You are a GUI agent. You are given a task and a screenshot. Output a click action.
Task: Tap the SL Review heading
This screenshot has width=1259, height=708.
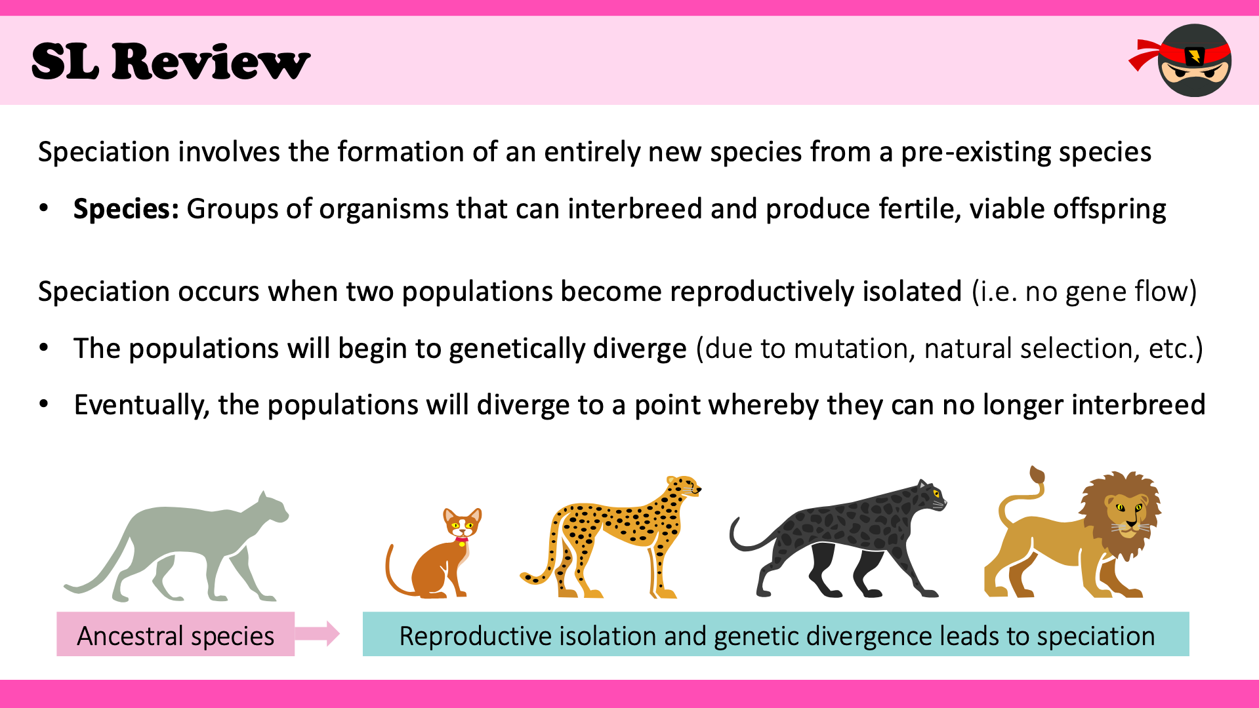tap(171, 62)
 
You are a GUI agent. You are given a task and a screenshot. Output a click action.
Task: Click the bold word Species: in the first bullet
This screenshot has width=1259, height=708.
tap(126, 209)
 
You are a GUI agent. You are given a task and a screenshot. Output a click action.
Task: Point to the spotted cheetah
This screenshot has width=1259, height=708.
tap(610, 538)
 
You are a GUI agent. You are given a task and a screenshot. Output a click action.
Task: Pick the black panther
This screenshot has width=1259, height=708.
tap(838, 539)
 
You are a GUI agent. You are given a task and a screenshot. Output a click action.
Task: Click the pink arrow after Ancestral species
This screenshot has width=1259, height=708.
tap(317, 633)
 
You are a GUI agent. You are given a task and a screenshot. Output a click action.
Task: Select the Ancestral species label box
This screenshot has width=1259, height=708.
tap(175, 634)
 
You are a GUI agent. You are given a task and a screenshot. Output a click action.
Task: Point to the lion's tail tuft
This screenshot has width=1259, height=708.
tap(1037, 474)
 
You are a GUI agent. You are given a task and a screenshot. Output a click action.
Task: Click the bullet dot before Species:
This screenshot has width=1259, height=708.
tap(44, 209)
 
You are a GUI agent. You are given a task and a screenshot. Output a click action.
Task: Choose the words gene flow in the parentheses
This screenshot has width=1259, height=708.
tap(1126, 292)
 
